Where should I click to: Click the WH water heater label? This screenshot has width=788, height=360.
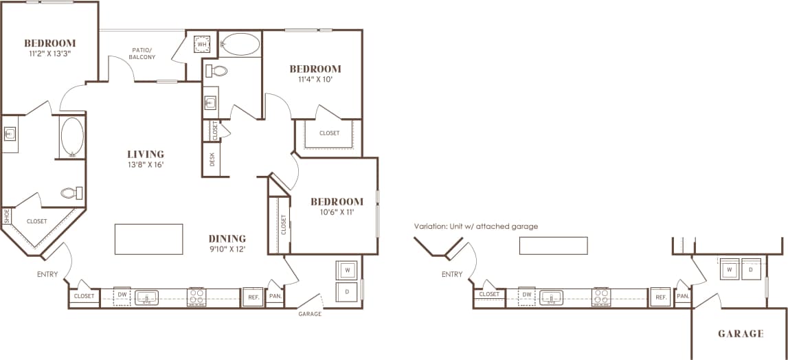[202, 45]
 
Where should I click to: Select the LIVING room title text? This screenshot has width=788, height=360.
[145, 154]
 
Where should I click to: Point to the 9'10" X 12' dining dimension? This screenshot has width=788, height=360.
[227, 249]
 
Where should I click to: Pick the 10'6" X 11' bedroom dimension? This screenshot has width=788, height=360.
[337, 213]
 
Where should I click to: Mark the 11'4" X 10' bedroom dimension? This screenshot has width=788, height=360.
[315, 80]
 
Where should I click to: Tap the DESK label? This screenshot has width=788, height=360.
[213, 159]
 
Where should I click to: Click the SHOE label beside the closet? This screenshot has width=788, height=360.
[7, 216]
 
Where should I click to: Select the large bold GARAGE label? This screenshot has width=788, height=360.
[741, 334]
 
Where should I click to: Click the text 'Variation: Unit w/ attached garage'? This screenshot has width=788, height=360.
[475, 226]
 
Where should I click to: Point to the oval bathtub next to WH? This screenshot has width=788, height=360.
[240, 45]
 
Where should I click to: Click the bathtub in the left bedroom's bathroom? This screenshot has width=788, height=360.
[72, 137]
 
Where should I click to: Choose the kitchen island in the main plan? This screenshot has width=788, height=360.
[149, 238]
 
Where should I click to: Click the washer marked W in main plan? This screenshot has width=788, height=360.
[348, 271]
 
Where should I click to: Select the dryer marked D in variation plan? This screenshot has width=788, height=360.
[752, 270]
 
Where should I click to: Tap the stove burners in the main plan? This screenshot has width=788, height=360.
[197, 297]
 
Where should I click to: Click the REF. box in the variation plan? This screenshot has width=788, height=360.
[660, 297]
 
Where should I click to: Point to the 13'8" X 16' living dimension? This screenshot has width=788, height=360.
[145, 165]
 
